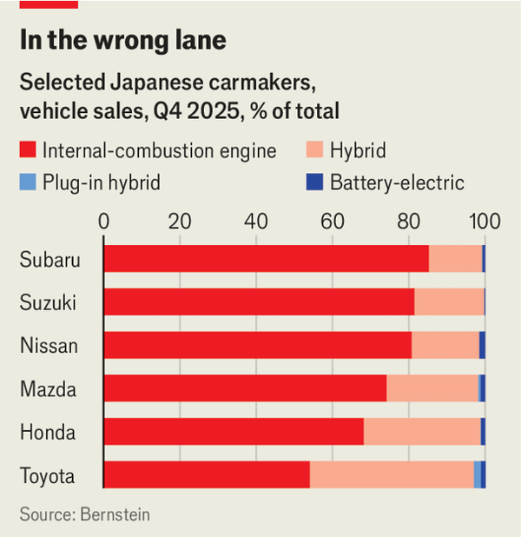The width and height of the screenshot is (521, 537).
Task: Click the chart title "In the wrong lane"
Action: point(122,40)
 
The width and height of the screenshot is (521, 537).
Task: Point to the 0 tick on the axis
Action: point(104,221)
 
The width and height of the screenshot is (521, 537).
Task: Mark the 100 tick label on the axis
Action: point(484,221)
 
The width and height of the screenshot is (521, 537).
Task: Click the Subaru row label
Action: point(49,259)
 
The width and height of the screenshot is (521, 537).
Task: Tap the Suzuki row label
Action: point(48,302)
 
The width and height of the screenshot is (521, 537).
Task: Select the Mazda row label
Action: point(48,389)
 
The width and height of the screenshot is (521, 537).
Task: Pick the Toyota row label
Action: point(48,476)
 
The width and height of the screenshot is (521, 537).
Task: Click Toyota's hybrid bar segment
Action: point(391,475)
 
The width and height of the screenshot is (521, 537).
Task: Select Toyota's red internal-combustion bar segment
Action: point(206,475)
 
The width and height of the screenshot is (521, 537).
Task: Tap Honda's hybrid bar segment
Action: point(421,432)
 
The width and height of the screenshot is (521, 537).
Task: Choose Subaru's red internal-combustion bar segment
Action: point(266,259)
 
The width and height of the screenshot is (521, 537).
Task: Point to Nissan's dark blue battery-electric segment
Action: point(482,345)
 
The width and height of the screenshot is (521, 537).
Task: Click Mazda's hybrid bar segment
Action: point(432,388)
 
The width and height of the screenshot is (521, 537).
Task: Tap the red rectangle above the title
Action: point(49,3)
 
